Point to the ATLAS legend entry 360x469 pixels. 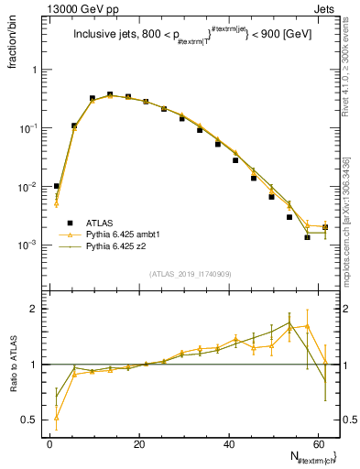point(101,223)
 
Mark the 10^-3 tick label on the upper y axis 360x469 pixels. point(29,245)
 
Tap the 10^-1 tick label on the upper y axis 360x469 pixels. point(29,128)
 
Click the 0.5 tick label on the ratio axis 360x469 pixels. point(29,420)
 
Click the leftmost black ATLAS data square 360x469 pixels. point(57,186)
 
